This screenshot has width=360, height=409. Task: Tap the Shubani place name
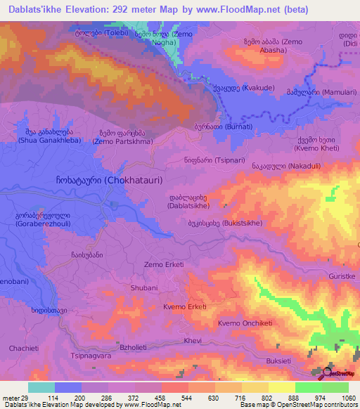(x=143, y=288)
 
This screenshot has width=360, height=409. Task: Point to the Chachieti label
(x=24, y=349)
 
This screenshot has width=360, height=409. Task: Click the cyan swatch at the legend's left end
(x=41, y=387)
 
